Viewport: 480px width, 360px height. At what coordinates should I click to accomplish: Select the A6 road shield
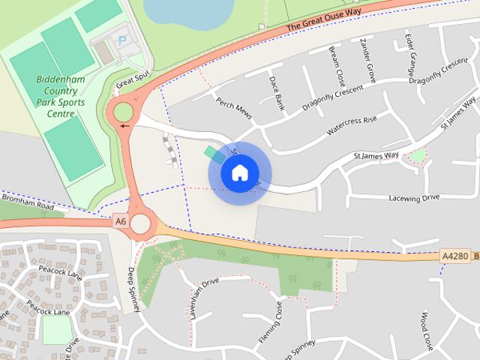click(x=121, y=221)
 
